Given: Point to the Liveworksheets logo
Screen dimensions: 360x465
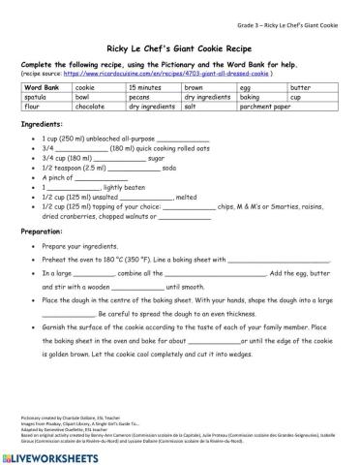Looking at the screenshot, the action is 54,453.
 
